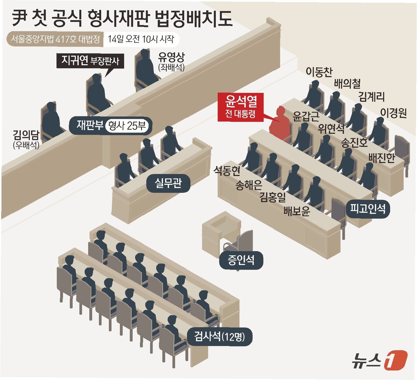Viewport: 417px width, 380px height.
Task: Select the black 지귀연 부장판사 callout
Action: (x=90, y=61)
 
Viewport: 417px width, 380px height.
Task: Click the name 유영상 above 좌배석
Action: (x=171, y=57)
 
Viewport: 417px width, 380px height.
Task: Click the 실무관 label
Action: (x=168, y=183)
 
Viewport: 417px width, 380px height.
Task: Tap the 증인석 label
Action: (x=241, y=260)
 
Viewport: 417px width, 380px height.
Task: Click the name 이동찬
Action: (x=319, y=72)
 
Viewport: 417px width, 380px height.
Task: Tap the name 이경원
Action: (x=393, y=113)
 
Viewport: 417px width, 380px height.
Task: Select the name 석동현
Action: (x=227, y=171)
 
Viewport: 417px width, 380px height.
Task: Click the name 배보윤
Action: (x=296, y=211)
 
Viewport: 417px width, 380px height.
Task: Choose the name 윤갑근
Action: (x=306, y=117)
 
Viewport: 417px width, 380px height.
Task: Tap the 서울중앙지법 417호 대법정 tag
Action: (x=55, y=39)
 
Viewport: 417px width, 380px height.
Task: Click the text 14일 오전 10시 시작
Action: (x=141, y=39)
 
